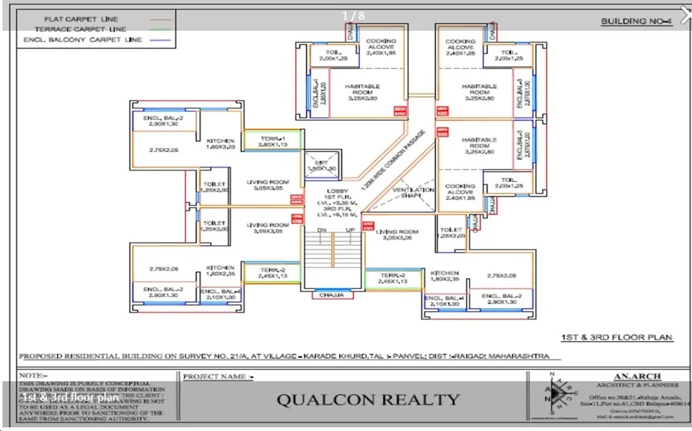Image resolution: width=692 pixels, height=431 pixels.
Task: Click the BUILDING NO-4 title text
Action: coord(636,21)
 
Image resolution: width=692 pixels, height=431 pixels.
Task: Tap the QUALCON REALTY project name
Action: coord(368,400)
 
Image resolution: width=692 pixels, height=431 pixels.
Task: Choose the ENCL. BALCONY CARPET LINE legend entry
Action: coord(83,39)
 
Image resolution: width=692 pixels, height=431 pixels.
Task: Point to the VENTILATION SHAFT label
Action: coord(413,192)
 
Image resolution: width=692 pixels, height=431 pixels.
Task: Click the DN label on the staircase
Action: coord(322,230)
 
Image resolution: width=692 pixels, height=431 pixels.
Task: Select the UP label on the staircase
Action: coord(351,230)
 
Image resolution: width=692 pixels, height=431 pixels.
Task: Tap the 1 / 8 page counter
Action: coord(353,15)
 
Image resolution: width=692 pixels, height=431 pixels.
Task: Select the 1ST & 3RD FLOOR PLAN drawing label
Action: coord(617,337)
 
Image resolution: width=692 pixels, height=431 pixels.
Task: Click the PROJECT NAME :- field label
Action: coord(218,376)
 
